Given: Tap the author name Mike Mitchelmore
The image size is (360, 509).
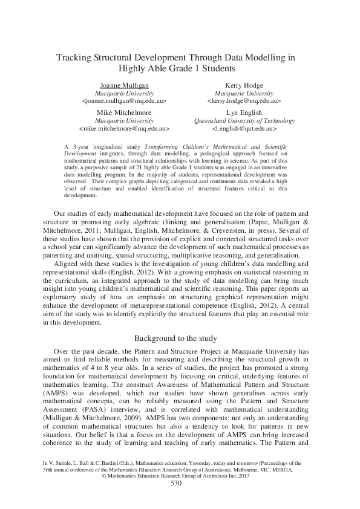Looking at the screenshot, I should (123, 112).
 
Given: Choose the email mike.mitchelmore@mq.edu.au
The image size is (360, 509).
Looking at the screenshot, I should (123, 129).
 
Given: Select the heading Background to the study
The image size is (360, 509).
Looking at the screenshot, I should (180, 338).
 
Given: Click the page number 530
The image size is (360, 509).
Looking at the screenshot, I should (176, 483).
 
